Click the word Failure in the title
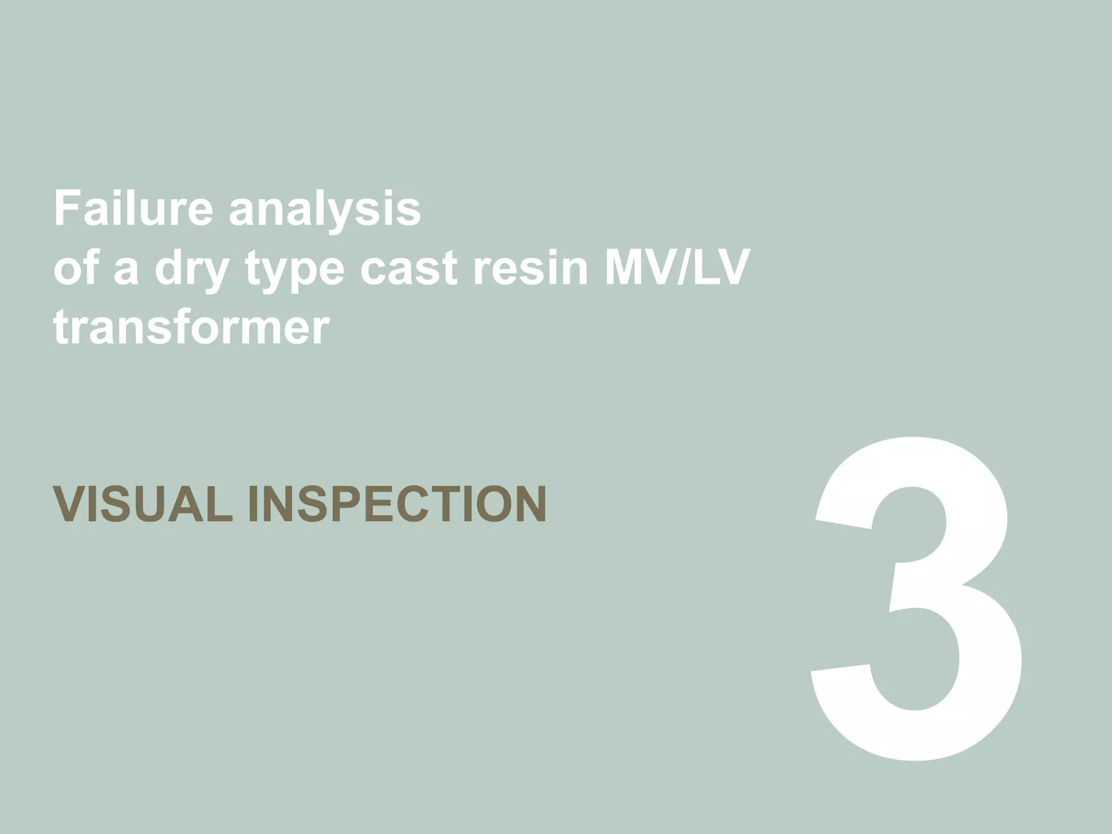click(x=134, y=208)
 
